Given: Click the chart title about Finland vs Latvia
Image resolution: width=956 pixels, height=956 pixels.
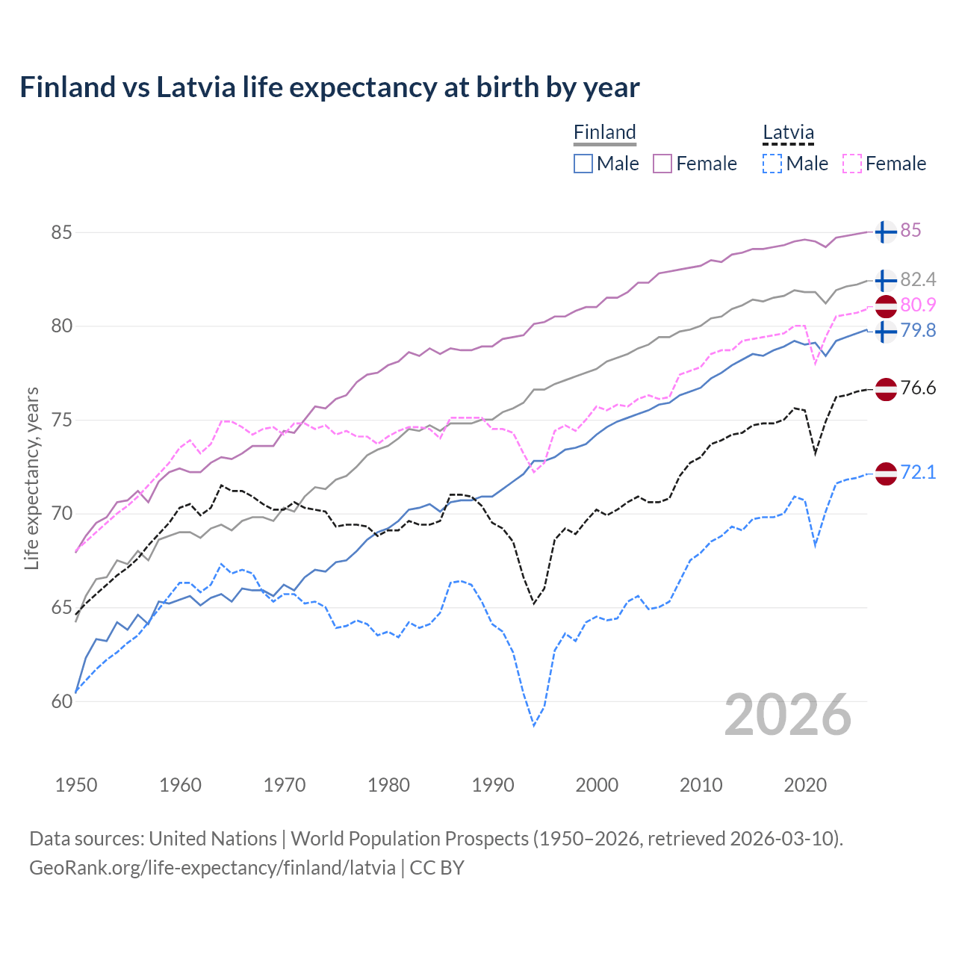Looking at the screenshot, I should (329, 87).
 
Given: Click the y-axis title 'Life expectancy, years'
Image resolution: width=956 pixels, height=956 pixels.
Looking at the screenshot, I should (31, 478).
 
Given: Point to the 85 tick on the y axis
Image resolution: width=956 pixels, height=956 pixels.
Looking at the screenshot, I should (61, 232).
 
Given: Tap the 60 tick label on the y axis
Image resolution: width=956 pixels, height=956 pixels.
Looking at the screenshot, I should (61, 701).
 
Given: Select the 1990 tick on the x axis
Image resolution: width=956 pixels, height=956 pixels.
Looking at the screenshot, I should (493, 785).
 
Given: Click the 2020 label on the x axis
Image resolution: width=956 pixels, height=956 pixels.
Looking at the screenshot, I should (805, 785).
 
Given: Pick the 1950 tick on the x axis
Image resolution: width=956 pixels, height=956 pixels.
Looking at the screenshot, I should (76, 785).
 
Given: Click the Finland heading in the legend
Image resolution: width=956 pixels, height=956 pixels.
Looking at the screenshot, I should (604, 132).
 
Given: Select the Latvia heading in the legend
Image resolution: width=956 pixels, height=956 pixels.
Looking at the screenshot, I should (788, 132).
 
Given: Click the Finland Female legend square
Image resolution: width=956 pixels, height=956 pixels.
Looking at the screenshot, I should (662, 164).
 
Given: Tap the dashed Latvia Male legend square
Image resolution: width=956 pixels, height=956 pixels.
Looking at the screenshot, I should (772, 164).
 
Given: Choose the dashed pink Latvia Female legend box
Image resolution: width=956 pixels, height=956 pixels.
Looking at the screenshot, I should (852, 164).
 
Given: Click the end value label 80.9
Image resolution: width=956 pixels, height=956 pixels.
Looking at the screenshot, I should (918, 305).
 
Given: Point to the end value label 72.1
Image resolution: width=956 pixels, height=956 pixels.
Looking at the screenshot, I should (918, 472).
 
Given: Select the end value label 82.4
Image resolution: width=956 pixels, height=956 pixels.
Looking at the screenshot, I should (918, 279).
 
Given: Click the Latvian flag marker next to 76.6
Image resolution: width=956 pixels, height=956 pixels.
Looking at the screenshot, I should (885, 389).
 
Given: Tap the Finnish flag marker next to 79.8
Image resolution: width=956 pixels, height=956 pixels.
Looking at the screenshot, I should (885, 332).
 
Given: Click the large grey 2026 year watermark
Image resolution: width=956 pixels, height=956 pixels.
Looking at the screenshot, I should (788, 715).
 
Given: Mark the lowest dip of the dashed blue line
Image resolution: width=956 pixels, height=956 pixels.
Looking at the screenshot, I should (534, 725).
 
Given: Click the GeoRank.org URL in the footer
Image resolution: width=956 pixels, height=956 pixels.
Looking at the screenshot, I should (213, 868).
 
